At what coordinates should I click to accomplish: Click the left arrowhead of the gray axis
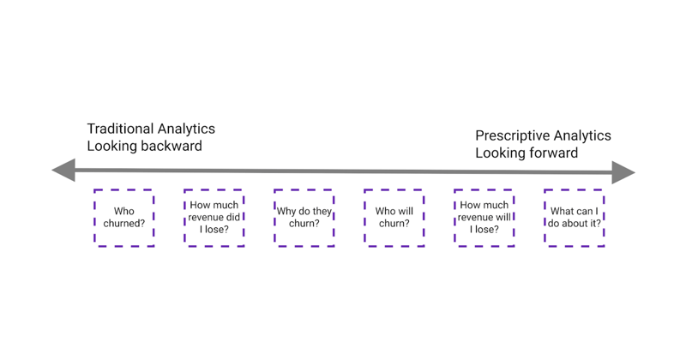click(x=63, y=171)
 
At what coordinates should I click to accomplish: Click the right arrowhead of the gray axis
click(x=623, y=172)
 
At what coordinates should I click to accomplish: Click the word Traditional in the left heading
click(x=120, y=129)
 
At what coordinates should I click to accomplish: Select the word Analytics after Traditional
click(x=186, y=129)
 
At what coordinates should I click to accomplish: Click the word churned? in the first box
click(x=124, y=224)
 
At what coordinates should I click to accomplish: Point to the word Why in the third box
click(x=286, y=212)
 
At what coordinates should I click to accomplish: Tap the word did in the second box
click(x=233, y=218)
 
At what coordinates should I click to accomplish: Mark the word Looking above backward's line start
click(x=113, y=146)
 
